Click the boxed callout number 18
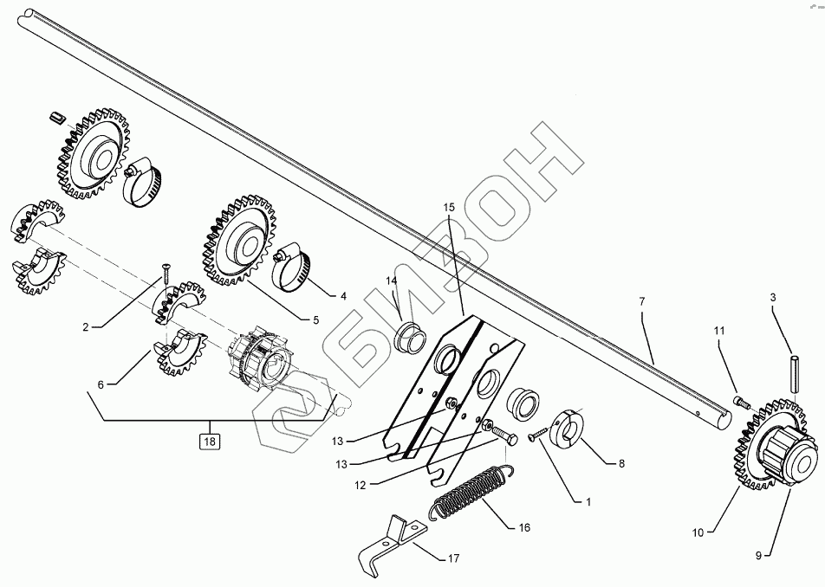209,441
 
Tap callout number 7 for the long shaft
642,301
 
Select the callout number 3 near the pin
774,298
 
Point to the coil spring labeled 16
471,498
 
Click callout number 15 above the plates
448,209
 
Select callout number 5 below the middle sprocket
315,319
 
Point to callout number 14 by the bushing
392,281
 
